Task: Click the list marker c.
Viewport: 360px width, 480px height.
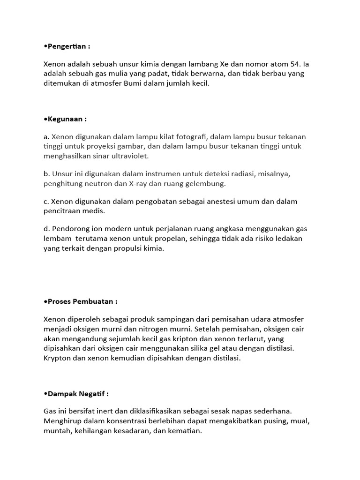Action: point(46,202)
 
